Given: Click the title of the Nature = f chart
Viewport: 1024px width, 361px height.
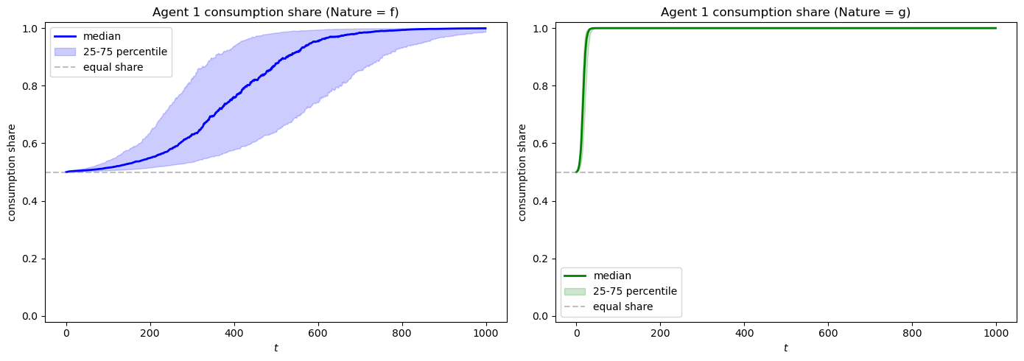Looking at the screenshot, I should (276, 12).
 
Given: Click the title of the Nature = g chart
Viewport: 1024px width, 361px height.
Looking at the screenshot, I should (785, 12).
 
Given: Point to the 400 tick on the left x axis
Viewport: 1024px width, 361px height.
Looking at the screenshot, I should (234, 333).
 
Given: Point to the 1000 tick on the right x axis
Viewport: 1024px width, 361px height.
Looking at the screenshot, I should (996, 333).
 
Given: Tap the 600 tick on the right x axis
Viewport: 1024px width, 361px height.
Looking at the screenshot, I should (828, 333).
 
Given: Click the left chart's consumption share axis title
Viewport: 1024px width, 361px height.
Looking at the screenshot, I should (13, 172).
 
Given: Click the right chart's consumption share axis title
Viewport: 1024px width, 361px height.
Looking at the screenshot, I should (522, 172).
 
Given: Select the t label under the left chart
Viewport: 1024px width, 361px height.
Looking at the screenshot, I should (276, 348).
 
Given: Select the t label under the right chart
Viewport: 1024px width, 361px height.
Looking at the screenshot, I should (785, 348).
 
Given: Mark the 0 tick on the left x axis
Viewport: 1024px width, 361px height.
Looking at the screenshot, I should (66, 333).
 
